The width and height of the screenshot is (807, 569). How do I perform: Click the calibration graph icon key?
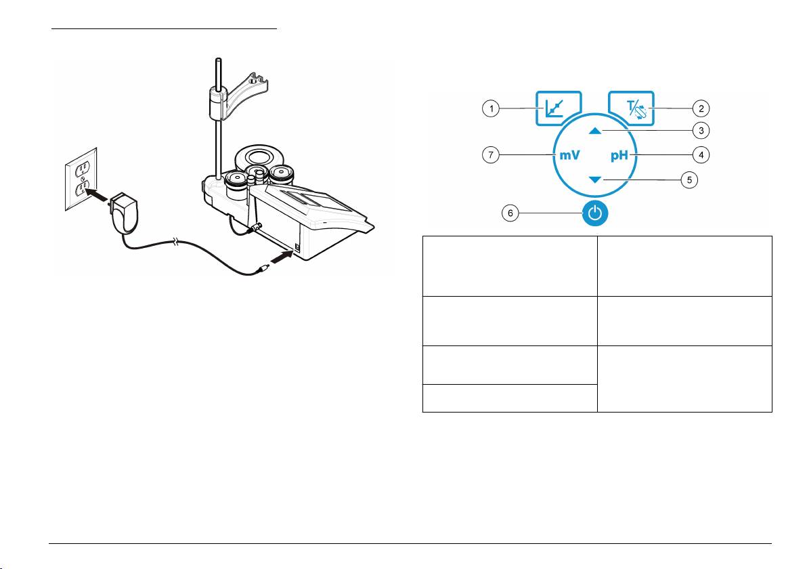(x=559, y=108)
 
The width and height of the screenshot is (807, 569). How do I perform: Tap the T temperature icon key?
(x=629, y=108)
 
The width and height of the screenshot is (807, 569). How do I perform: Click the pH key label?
(x=619, y=155)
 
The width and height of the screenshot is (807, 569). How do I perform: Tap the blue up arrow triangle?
(x=594, y=130)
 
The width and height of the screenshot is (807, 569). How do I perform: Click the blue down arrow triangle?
(x=594, y=180)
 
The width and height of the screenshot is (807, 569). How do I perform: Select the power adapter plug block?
(x=126, y=210)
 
